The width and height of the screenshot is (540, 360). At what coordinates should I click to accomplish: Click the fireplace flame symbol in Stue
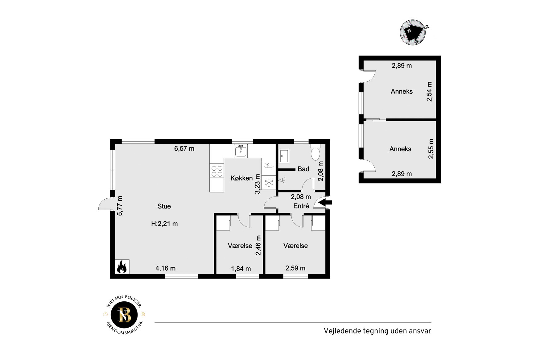point(122,267)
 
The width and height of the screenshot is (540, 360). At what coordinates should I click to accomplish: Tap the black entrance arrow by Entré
point(325,202)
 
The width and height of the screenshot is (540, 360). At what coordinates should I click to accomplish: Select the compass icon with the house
point(413,32)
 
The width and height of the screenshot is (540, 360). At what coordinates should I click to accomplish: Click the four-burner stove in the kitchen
point(217,171)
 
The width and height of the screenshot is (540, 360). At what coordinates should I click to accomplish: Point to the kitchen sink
point(241,151)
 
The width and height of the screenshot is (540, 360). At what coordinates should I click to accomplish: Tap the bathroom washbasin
point(284,156)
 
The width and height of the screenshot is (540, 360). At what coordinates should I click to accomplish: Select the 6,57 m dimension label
point(184,149)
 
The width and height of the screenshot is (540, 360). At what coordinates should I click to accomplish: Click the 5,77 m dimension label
point(120,206)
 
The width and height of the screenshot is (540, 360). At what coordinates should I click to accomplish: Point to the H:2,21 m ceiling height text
point(164,224)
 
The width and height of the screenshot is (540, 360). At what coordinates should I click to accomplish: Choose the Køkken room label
point(241,178)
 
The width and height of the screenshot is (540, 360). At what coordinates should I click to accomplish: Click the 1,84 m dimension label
point(241,269)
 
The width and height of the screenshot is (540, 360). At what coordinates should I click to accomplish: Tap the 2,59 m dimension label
point(295,268)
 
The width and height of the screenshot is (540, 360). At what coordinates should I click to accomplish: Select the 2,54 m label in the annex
point(429,92)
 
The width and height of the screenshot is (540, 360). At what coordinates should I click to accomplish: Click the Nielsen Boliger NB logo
point(124,315)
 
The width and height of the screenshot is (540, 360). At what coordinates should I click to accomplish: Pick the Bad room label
point(303,169)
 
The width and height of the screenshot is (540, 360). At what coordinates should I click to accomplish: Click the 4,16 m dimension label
point(166,268)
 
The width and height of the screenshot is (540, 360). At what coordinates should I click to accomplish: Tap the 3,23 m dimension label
point(257,184)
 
